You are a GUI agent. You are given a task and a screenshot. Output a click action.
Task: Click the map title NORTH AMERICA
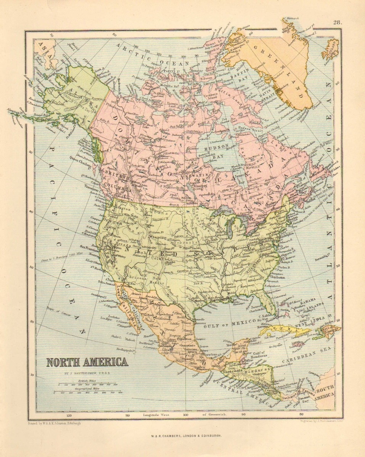(87, 361)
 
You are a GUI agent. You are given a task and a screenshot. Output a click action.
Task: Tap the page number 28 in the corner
(337, 22)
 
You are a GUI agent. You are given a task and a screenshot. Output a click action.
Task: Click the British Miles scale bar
(90, 385)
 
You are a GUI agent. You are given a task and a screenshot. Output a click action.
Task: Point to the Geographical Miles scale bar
(90, 391)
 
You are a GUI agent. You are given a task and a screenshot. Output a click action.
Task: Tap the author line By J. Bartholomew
(87, 373)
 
